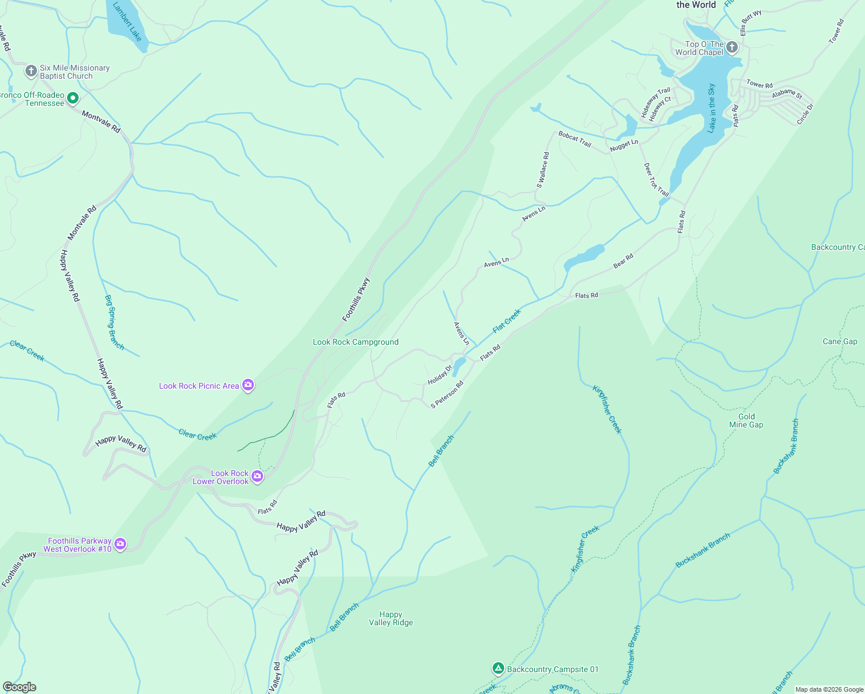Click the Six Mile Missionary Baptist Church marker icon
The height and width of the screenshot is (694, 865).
[31, 71]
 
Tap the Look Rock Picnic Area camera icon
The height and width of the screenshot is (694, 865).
[248, 385]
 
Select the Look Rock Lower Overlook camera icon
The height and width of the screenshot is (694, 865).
[257, 477]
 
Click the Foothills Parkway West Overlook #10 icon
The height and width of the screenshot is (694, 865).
[120, 544]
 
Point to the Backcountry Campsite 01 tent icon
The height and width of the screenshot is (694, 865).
[498, 669]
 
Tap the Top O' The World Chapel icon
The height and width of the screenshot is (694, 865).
[732, 47]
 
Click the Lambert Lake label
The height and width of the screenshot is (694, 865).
[127, 22]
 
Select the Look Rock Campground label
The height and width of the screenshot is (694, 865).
[356, 342]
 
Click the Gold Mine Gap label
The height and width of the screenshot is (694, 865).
[746, 420]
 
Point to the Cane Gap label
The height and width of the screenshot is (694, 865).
[840, 341]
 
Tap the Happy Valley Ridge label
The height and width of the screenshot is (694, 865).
[391, 618]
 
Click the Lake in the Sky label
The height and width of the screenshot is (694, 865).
[712, 108]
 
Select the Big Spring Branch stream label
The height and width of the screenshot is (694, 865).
[114, 322]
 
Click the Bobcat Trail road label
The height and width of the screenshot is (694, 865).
[575, 139]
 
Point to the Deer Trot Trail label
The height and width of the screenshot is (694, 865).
[656, 180]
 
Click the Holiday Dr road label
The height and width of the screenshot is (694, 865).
[439, 375]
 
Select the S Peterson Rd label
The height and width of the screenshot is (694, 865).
[447, 394]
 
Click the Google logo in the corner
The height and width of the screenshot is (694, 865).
[19, 687]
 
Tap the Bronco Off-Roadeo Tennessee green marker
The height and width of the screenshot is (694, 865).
[73, 98]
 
